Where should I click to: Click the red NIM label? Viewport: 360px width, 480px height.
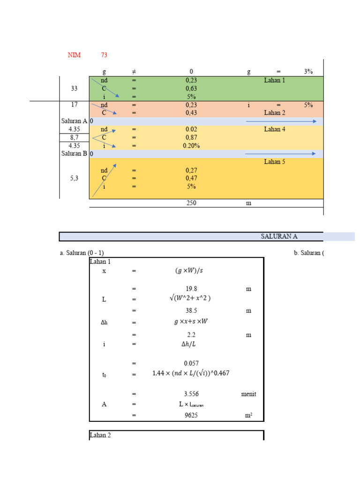tap(74, 55)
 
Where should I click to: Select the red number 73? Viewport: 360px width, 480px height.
tap(104, 55)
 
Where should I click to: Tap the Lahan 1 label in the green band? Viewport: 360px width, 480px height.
tap(274, 80)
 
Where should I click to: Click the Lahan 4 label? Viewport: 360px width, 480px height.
tap(274, 129)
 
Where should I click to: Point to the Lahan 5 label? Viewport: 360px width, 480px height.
tap(274, 162)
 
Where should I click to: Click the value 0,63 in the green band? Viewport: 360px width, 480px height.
tap(191, 88)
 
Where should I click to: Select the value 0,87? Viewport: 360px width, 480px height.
tap(191, 137)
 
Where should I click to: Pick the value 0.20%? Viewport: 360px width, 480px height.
tap(191, 145)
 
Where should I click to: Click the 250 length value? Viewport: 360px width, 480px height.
tap(191, 203)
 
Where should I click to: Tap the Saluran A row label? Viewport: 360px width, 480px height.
tap(74, 121)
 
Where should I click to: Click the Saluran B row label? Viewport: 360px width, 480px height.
tap(74, 153)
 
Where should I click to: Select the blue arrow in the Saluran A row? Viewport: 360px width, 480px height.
tap(281, 121)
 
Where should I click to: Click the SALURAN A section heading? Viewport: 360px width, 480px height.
tap(279, 236)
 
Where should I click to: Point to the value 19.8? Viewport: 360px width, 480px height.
tap(191, 289)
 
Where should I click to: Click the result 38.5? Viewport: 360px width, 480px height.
tap(191, 310)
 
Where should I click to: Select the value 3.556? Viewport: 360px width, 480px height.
tap(191, 394)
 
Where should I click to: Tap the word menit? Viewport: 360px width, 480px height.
tap(248, 394)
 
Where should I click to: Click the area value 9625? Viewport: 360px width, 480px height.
tap(191, 415)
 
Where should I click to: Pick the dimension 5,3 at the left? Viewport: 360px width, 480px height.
tap(74, 178)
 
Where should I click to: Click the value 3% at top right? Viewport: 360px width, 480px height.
tap(308, 72)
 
